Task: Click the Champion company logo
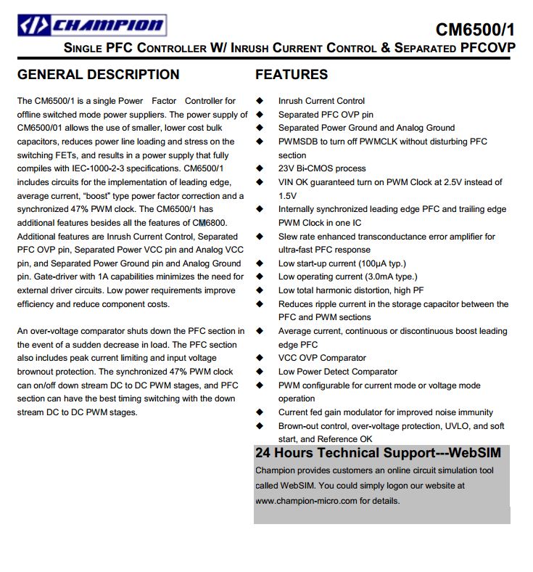tap(91, 26)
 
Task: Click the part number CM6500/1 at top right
tap(475, 30)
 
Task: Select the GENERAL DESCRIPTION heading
tap(98, 74)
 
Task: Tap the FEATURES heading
tap(292, 74)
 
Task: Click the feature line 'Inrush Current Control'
tap(321, 101)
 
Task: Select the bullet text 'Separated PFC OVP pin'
tap(326, 115)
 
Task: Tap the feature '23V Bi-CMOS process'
tap(322, 168)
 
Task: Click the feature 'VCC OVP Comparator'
tap(322, 358)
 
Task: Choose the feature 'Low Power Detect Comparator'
tap(338, 372)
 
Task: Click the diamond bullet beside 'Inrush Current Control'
tap(259, 101)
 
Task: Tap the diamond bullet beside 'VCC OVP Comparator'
tap(259, 358)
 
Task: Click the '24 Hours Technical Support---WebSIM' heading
tap(378, 453)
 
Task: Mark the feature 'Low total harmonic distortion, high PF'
tap(351, 290)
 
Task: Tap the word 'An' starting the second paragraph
tap(23, 331)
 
